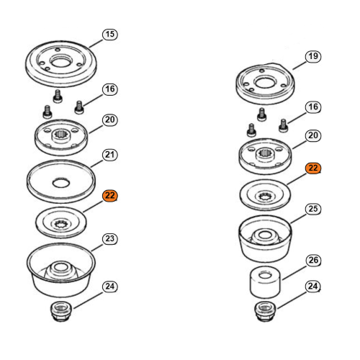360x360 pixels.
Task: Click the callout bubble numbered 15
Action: tap(110, 35)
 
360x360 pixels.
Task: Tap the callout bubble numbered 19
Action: tap(313, 57)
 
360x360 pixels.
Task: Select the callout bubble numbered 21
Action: tap(110, 155)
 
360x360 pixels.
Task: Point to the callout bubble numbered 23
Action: tap(110, 239)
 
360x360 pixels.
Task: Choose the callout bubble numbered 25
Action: tap(313, 209)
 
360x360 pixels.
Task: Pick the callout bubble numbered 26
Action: tap(313, 261)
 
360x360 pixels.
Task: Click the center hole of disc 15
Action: tap(61, 61)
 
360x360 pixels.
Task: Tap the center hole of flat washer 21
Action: tap(61, 183)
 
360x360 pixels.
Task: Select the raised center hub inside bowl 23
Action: tap(61, 270)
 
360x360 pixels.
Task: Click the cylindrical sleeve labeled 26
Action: tap(265, 282)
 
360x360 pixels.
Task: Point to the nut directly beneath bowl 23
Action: tap(61, 312)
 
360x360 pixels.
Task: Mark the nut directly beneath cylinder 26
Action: tap(265, 312)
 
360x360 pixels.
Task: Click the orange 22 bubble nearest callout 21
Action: tap(110, 196)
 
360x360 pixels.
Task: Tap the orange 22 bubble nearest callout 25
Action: tap(313, 168)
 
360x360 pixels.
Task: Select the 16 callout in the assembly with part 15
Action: tap(110, 89)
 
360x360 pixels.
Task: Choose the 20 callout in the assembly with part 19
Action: tap(313, 135)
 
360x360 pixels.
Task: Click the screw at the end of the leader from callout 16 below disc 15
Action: tap(79, 107)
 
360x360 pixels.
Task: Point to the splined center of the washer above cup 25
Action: tap(265, 197)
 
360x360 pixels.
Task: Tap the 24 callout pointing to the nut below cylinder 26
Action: tap(313, 287)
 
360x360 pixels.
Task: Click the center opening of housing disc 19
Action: tap(265, 82)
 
